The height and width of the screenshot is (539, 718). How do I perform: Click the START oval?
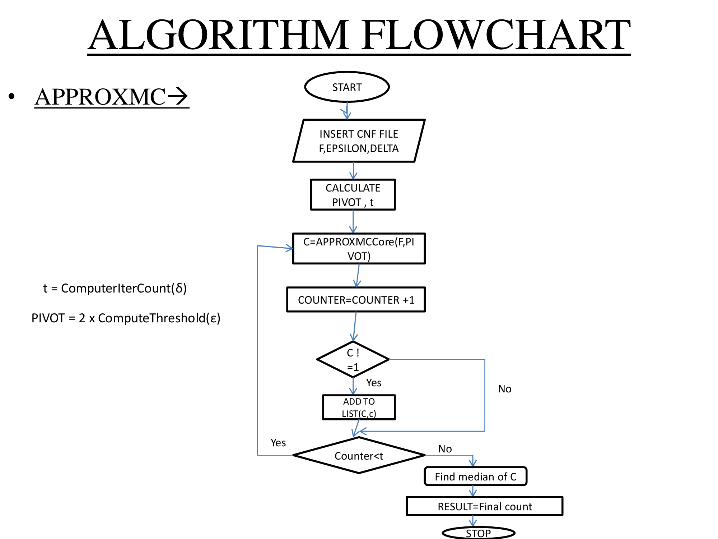[x=347, y=87]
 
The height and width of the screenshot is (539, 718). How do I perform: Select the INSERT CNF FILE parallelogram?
[x=359, y=141]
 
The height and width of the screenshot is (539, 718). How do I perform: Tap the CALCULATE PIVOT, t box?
[x=353, y=195]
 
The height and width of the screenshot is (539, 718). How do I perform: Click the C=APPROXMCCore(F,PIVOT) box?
[x=359, y=249]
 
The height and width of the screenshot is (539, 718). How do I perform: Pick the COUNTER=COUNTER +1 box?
[x=356, y=300]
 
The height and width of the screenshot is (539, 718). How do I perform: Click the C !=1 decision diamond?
[x=353, y=359]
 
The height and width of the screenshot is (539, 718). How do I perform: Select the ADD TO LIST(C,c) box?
[x=359, y=407]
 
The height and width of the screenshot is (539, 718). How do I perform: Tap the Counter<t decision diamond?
[x=359, y=456]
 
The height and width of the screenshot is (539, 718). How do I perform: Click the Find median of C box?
[x=475, y=476]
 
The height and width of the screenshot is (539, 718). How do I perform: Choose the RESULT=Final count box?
[x=484, y=506]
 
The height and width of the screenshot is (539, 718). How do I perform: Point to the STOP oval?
[x=478, y=533]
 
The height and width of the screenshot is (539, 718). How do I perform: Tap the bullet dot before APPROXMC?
[x=12, y=96]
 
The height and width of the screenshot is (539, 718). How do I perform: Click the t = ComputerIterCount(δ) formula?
[x=115, y=288]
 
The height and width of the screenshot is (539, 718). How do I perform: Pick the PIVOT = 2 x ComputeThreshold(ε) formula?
[x=126, y=318]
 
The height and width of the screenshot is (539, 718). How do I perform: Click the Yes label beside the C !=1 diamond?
[x=373, y=383]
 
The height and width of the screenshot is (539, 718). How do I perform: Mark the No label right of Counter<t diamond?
[x=445, y=449]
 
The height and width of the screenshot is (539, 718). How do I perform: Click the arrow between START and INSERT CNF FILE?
[x=347, y=111]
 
